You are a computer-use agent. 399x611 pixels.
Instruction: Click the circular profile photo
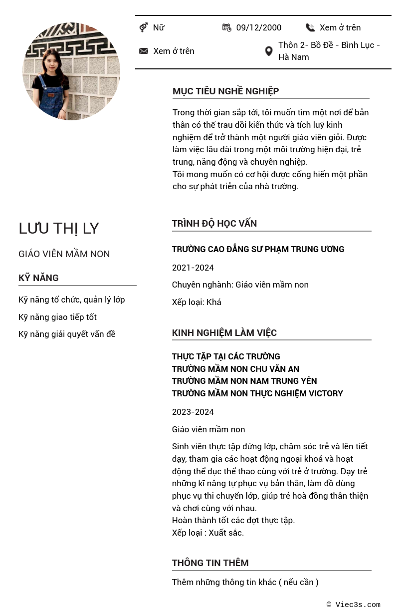click(x=71, y=71)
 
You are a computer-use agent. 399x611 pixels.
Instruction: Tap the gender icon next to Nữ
click(x=144, y=27)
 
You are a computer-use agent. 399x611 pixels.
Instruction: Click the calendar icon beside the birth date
click(x=227, y=27)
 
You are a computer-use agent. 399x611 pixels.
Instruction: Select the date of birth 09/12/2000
click(x=258, y=27)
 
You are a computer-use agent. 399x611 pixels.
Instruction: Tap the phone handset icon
click(x=310, y=27)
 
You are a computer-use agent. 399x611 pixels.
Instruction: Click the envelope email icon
click(x=144, y=51)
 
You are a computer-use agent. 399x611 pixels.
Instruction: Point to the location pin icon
click(x=268, y=51)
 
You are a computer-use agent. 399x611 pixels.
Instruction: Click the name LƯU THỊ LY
click(x=59, y=228)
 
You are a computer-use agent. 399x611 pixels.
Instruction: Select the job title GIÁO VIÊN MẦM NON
click(x=64, y=254)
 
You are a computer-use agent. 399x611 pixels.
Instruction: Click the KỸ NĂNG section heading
click(x=38, y=278)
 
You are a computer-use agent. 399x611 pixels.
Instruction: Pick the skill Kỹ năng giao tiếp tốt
click(x=57, y=317)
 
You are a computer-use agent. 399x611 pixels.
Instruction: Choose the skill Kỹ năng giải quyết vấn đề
click(x=67, y=334)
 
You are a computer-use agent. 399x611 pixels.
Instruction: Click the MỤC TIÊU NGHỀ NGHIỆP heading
click(x=225, y=91)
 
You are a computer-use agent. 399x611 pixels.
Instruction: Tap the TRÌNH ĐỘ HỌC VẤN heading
click(x=214, y=223)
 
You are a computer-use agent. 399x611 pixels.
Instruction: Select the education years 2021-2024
click(x=193, y=268)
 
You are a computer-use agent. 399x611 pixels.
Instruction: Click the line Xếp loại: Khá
click(x=197, y=302)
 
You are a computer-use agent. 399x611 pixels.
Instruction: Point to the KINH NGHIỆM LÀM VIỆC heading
click(x=224, y=332)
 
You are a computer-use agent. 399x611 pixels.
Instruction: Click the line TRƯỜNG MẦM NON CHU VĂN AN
click(x=235, y=369)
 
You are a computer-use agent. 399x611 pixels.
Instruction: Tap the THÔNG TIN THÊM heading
click(x=210, y=563)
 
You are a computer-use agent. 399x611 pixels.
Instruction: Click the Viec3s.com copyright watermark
click(x=354, y=605)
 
